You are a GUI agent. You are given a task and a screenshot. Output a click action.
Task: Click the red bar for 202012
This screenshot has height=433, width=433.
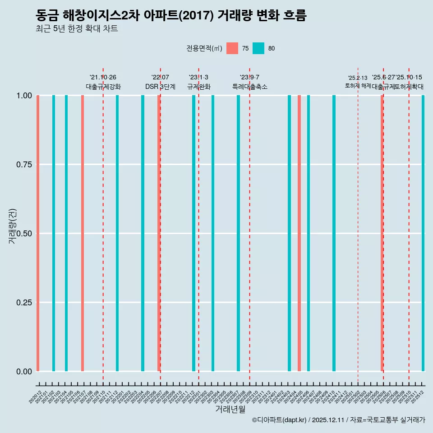point(38,233)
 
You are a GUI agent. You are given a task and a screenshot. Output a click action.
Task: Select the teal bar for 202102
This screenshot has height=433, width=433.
point(54,233)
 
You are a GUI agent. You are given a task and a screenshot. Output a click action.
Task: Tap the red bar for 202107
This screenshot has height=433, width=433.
point(83,233)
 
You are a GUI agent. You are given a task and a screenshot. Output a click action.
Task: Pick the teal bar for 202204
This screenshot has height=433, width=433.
point(143,233)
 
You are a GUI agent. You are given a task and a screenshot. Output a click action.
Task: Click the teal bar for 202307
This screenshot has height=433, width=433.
point(238,233)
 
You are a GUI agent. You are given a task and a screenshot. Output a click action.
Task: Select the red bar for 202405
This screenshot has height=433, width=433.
point(299,233)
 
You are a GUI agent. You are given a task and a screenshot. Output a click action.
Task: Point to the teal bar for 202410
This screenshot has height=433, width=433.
point(334,233)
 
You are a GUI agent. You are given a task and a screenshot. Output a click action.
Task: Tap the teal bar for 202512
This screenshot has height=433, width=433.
point(423,233)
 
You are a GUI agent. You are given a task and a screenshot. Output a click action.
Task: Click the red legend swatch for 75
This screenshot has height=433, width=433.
point(232,48)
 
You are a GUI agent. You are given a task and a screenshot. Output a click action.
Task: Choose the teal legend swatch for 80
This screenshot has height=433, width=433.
point(258,48)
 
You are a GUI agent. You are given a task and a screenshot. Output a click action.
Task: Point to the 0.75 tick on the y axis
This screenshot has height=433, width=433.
point(24,165)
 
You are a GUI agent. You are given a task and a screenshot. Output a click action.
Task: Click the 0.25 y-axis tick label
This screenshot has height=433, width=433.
point(24,302)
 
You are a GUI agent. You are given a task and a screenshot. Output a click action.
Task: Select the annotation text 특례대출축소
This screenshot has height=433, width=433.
point(250,87)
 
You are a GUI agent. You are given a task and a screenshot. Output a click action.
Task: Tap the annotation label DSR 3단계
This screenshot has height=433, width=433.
point(160,87)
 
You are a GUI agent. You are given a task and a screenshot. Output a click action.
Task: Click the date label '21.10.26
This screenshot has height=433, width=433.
point(103,78)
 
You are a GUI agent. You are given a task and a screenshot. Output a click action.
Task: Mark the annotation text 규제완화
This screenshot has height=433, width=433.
point(198,87)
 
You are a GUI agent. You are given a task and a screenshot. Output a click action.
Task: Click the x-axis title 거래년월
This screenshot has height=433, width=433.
point(230,410)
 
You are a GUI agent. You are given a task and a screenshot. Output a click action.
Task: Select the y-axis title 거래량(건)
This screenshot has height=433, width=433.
point(13,226)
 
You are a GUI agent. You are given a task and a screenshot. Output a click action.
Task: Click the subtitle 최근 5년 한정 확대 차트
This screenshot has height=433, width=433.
point(77,29)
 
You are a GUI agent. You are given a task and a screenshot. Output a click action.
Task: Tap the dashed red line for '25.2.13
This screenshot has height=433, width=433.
point(358,226)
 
